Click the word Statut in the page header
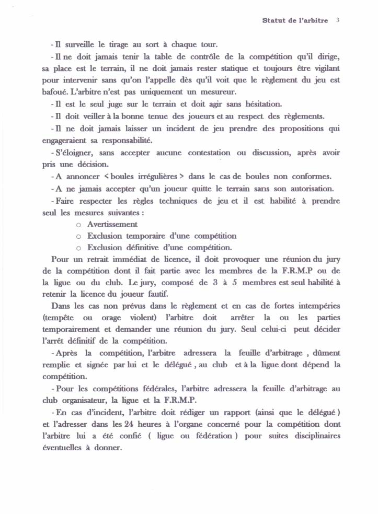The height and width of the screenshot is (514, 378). [x=272, y=21]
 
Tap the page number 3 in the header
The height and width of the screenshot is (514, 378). [x=338, y=21]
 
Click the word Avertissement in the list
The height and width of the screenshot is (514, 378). [x=112, y=224]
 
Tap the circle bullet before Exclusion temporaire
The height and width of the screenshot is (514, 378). [x=78, y=236]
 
